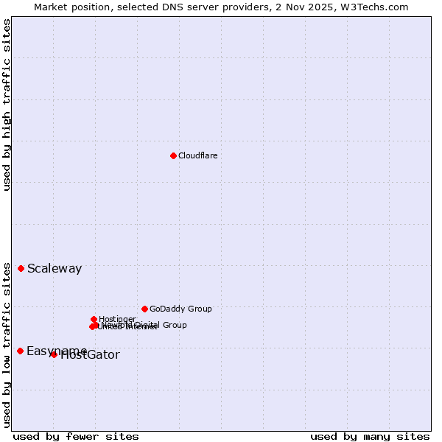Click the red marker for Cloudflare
[173, 155]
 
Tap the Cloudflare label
[197, 155]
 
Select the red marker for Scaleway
[21, 268]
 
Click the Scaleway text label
[55, 269]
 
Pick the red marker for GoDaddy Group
[144, 309]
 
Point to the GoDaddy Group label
[180, 309]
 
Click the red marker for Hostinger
[94, 319]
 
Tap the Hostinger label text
[117, 319]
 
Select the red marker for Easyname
[20, 351]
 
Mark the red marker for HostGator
[54, 354]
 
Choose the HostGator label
[91, 355]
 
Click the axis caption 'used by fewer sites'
[76, 437]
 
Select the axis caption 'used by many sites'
[370, 437]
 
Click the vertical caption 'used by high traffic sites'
[7, 105]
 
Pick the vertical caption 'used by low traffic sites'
[7, 344]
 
